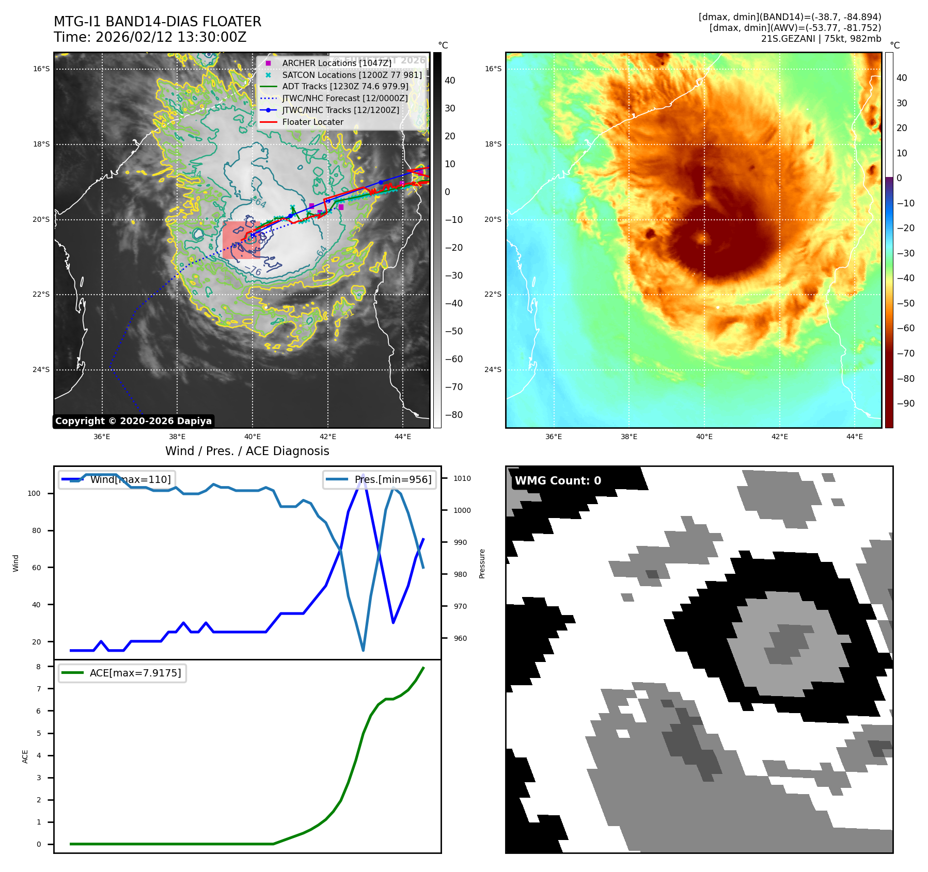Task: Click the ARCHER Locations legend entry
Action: tap(336, 63)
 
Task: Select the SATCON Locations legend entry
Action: tap(351, 75)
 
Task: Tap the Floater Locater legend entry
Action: tap(312, 122)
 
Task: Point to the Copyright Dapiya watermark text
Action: tap(133, 421)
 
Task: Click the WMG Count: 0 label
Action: tap(558, 481)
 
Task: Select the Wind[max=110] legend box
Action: tap(117, 479)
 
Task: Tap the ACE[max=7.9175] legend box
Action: tap(122, 673)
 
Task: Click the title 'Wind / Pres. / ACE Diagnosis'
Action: tap(247, 451)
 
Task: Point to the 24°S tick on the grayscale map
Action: tap(41, 369)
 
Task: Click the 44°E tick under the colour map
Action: tap(854, 437)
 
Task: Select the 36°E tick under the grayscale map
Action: tap(102, 437)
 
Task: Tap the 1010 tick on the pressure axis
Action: tap(462, 478)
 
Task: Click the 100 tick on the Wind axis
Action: tap(34, 493)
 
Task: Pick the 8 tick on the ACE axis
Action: tap(39, 667)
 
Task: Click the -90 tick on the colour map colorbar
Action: tap(905, 403)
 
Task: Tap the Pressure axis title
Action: tap(482, 563)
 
